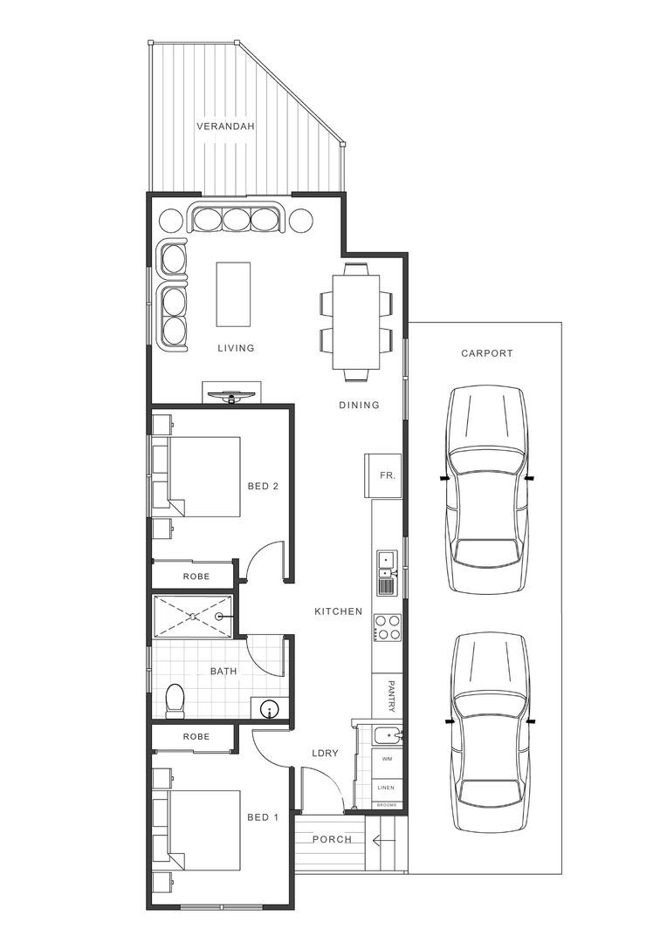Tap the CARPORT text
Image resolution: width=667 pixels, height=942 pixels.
486,353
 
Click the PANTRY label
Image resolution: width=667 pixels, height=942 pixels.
391,696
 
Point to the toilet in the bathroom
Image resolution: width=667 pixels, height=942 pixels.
175,700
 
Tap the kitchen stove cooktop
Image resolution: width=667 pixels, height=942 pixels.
387,627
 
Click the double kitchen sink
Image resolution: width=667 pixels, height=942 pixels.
386,565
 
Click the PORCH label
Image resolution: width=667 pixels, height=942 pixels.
331,840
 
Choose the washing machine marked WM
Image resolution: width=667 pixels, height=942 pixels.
386,760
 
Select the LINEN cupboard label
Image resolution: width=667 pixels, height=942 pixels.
386,788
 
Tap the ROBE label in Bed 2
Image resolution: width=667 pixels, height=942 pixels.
195,577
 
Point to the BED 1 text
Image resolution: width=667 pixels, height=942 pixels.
262,817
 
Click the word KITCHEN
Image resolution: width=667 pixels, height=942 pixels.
338,611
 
